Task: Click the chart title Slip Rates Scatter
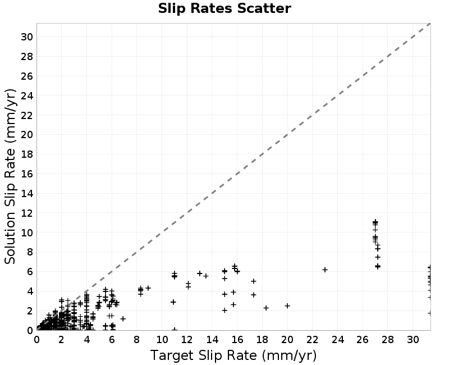click(x=224, y=8)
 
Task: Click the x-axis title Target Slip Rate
click(x=233, y=355)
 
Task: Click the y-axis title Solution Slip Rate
click(x=10, y=176)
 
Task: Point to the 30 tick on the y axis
click(x=27, y=37)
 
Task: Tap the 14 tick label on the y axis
click(x=27, y=193)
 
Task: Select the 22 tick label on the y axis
click(x=27, y=115)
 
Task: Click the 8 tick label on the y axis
click(x=30, y=252)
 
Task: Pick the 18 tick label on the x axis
click(x=262, y=340)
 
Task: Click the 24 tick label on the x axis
click(x=338, y=340)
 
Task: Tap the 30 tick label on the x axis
click(x=413, y=340)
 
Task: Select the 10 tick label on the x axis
click(x=162, y=340)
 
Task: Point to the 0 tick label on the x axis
click(x=36, y=340)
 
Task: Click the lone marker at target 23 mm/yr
click(x=325, y=270)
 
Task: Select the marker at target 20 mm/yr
click(x=287, y=305)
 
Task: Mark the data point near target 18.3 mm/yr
click(x=266, y=308)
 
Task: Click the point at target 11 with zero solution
click(x=175, y=330)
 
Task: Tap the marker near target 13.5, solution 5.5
click(x=206, y=276)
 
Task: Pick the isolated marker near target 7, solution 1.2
click(x=123, y=318)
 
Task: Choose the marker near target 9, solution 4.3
click(x=148, y=288)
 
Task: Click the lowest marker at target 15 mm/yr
click(x=225, y=311)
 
